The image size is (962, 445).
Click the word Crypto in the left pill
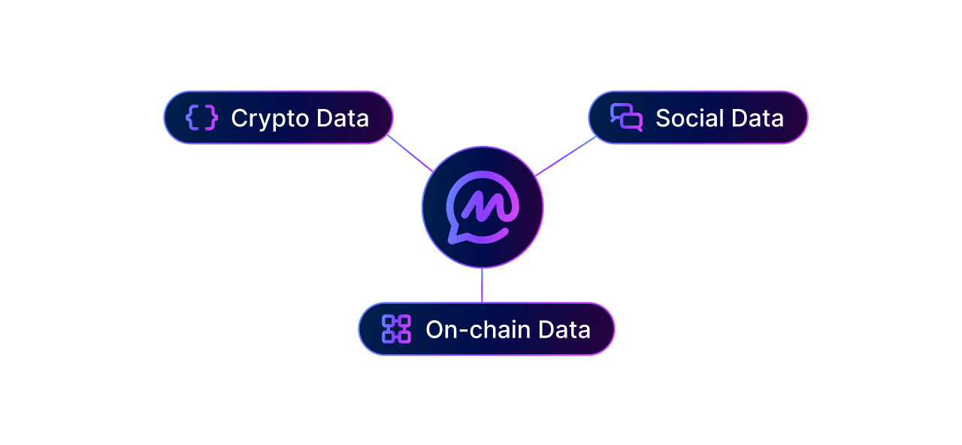point(270,119)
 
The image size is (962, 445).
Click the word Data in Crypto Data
point(343,118)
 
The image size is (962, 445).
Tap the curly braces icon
point(201,117)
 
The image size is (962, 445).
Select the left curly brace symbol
point(192,117)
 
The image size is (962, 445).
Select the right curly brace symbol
point(211,117)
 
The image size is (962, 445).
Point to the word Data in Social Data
point(758,118)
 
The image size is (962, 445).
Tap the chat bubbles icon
point(626,117)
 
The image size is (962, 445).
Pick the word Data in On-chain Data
point(564,329)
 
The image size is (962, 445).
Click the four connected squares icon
point(396,329)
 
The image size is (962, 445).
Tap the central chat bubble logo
point(483,207)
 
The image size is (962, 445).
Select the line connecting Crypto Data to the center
point(410,153)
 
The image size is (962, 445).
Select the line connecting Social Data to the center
point(566,156)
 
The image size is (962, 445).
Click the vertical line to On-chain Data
point(482,285)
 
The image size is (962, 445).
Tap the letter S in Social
point(664,118)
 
